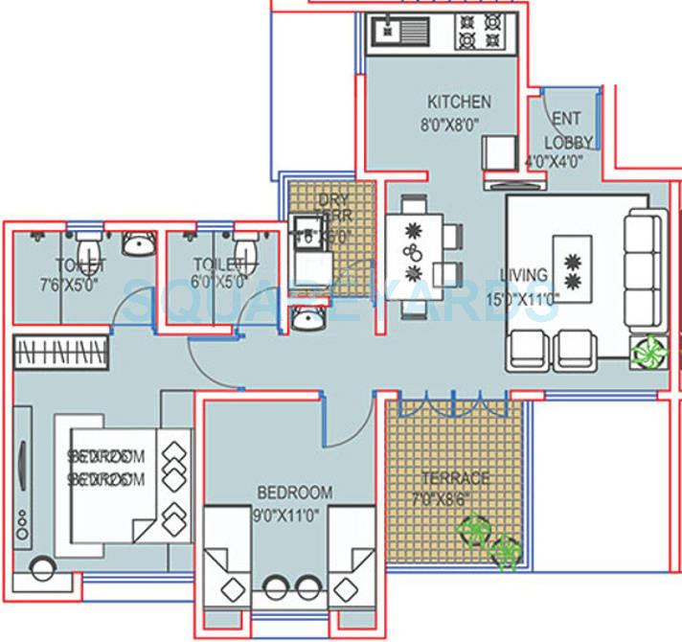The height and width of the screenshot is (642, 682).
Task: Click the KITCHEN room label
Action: coord(459,102)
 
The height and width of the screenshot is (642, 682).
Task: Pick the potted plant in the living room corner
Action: coord(648,350)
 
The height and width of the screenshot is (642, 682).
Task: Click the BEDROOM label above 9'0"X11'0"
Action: coord(294,493)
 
